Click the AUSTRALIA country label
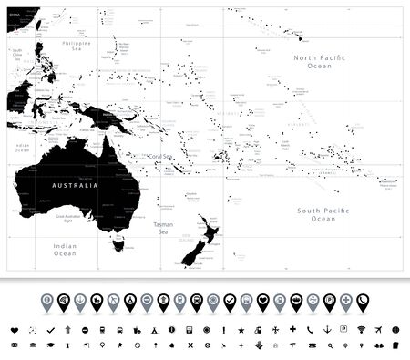70,185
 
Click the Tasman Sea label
162,227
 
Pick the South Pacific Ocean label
323,214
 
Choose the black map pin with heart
262,300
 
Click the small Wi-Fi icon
362,329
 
